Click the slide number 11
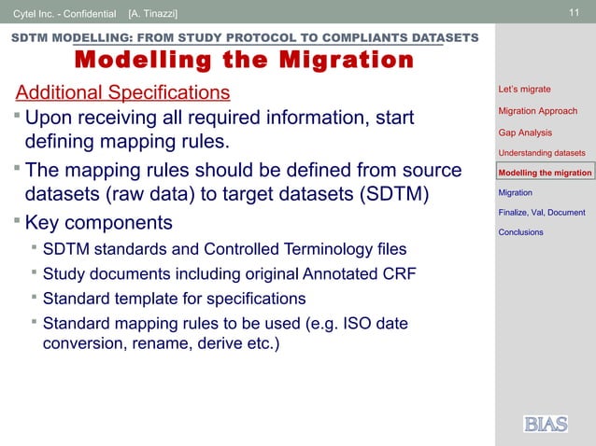click(575, 12)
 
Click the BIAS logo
click(546, 425)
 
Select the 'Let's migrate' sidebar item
click(524, 90)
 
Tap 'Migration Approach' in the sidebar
click(537, 111)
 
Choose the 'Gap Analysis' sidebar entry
click(525, 132)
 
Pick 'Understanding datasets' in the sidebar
click(542, 152)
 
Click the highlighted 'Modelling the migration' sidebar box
click(546, 173)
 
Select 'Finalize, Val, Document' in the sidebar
click(542, 213)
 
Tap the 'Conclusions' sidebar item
click(520, 232)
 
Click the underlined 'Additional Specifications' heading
click(122, 93)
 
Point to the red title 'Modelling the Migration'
click(244, 62)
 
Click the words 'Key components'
click(98, 224)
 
